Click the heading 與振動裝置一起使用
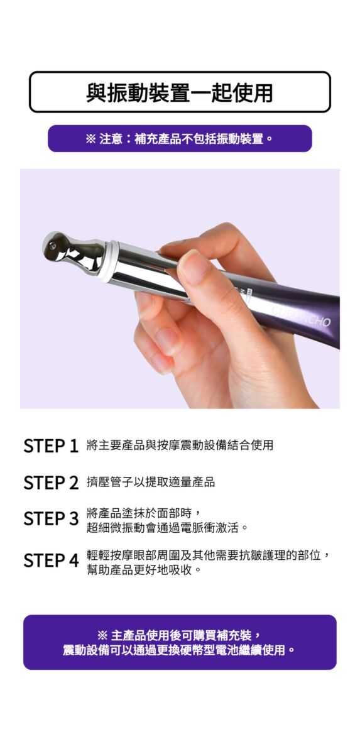(179, 92)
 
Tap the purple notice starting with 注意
(180, 138)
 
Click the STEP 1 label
(51, 445)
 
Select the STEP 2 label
(51, 483)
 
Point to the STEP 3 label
(51, 518)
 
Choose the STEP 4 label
(51, 560)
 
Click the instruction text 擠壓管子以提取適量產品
(150, 482)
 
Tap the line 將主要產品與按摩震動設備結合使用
(180, 445)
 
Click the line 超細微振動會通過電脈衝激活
(167, 527)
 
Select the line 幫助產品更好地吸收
(144, 569)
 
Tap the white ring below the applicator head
(107, 258)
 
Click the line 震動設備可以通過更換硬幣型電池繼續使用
(179, 650)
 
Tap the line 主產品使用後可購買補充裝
(179, 635)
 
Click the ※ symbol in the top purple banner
(90, 139)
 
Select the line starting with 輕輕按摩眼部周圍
(208, 555)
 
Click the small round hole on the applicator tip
(51, 247)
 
